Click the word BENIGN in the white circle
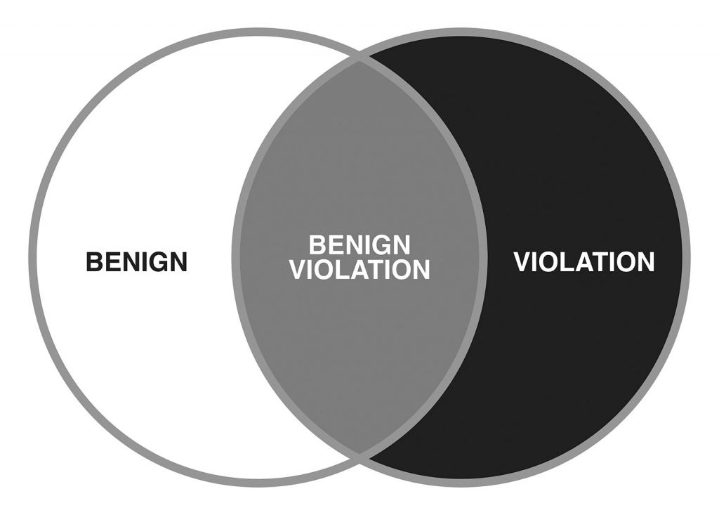pyautogui.click(x=137, y=261)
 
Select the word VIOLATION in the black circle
pyautogui.click(x=584, y=261)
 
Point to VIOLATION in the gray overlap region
pyautogui.click(x=359, y=269)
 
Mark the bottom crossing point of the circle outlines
pyautogui.click(x=359, y=455)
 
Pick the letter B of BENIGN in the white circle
pyautogui.click(x=94, y=261)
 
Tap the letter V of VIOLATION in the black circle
pyautogui.click(x=522, y=261)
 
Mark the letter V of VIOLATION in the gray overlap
pyautogui.click(x=298, y=269)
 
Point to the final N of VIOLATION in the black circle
pyautogui.click(x=646, y=261)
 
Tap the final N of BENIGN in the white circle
pyautogui.click(x=179, y=261)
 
